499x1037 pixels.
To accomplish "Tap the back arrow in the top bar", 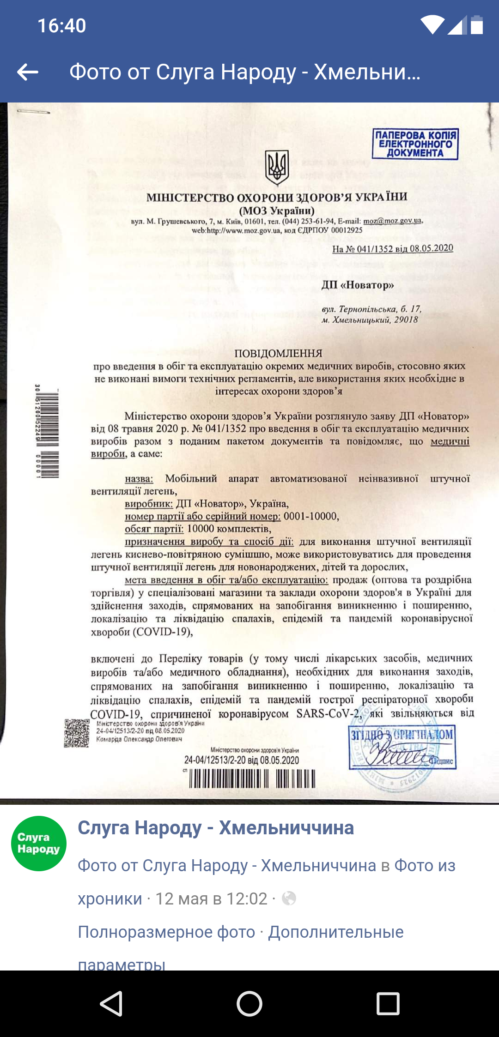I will coord(28,72).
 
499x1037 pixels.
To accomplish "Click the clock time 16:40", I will coord(61,26).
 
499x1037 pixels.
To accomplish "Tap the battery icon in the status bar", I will coord(477,25).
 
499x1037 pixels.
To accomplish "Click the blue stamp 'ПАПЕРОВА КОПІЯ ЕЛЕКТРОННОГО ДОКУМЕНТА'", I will coord(415,144).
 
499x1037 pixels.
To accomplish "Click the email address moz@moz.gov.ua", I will coord(393,221).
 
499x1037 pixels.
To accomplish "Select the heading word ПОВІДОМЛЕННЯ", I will coord(278,354).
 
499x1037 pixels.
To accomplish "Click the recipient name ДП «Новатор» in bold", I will coord(358,285).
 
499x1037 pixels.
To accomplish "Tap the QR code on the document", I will coord(76,733).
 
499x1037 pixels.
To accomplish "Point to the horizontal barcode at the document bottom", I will coord(252,779).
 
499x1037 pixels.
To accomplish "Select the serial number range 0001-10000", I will coord(311,516).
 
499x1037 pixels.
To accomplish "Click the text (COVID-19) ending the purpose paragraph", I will coord(163,631).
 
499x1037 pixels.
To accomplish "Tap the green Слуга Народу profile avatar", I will coord(39,844).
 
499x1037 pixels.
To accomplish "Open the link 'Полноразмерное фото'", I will coord(166,932).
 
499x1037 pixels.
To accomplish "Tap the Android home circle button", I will coord(249,1004).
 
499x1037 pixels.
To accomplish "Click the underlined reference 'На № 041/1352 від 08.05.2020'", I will coord(393,248).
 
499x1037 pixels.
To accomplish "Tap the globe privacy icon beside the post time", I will coord(289,898).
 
